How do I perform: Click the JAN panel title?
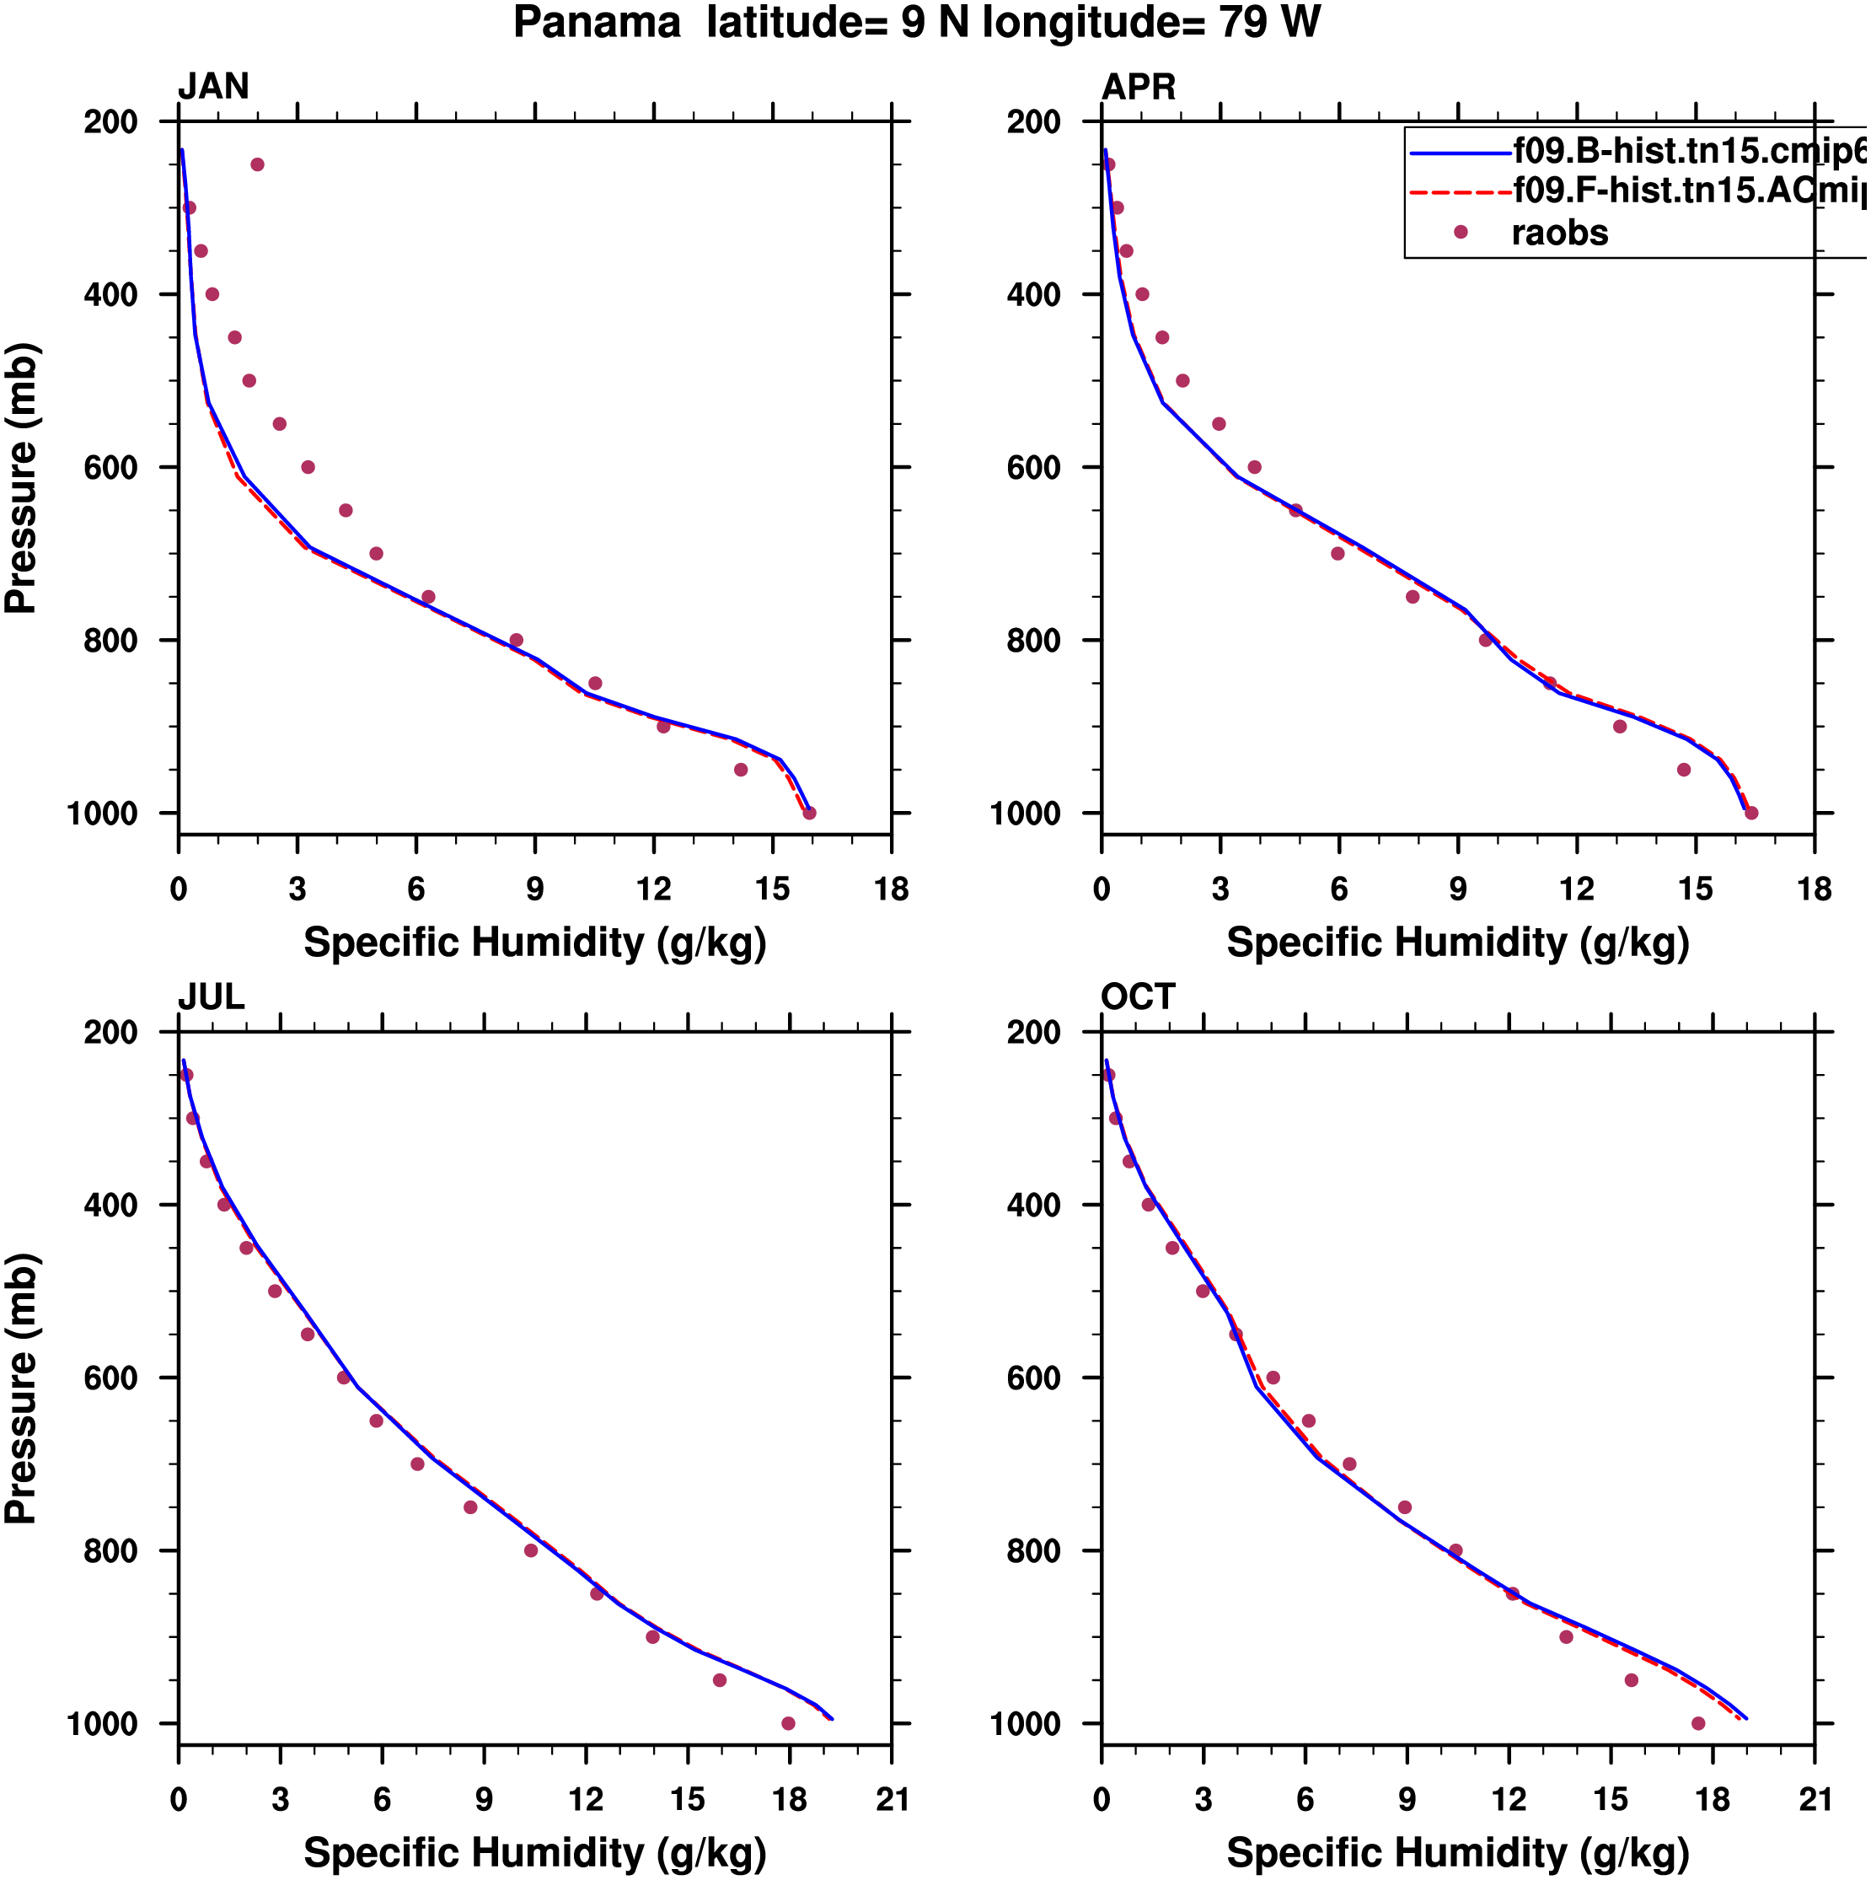click(213, 87)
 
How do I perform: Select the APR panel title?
click(1138, 87)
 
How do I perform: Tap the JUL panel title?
click(212, 997)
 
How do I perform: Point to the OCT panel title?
click(1138, 997)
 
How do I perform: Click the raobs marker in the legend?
click(1460, 233)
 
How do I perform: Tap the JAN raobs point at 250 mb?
click(257, 164)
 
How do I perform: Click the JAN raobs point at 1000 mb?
click(808, 813)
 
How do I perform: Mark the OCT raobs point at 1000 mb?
click(1698, 1723)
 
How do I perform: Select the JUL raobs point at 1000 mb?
click(788, 1723)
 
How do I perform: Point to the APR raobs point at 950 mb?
click(1683, 770)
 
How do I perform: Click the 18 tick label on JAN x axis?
click(891, 889)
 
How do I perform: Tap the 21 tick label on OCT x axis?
click(1815, 1799)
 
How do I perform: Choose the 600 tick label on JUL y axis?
click(111, 1378)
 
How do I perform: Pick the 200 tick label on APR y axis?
click(1034, 122)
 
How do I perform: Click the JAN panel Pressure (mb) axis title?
click(21, 478)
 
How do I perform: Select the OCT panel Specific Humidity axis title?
click(1457, 1853)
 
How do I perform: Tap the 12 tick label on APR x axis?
click(1576, 889)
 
